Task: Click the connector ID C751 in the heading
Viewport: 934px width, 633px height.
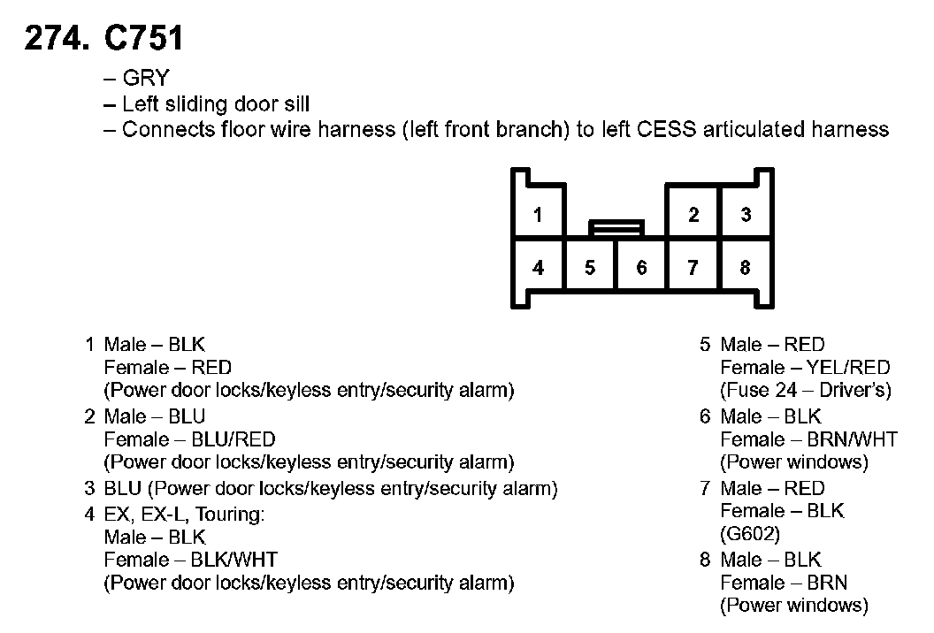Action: tap(143, 39)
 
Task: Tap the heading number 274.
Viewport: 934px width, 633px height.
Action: tap(57, 39)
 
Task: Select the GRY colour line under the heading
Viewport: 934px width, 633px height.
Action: tap(144, 79)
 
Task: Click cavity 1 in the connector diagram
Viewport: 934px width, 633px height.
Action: tap(538, 215)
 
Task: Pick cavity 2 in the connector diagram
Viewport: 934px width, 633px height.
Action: tap(693, 215)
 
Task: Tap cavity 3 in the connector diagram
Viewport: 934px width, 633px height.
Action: tap(746, 215)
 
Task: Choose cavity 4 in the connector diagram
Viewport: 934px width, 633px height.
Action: tap(538, 267)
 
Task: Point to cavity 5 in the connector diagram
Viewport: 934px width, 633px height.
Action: tap(590, 267)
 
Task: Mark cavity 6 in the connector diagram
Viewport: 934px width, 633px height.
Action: tap(641, 267)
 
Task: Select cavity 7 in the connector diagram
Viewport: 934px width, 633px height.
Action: tap(693, 267)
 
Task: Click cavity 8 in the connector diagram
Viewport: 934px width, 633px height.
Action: tap(746, 267)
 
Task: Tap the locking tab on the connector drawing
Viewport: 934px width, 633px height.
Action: tap(616, 228)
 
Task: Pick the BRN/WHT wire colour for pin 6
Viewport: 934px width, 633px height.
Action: tap(853, 439)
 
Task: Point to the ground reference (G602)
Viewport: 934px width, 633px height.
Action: tap(750, 534)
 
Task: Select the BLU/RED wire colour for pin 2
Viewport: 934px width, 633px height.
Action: tap(233, 439)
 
